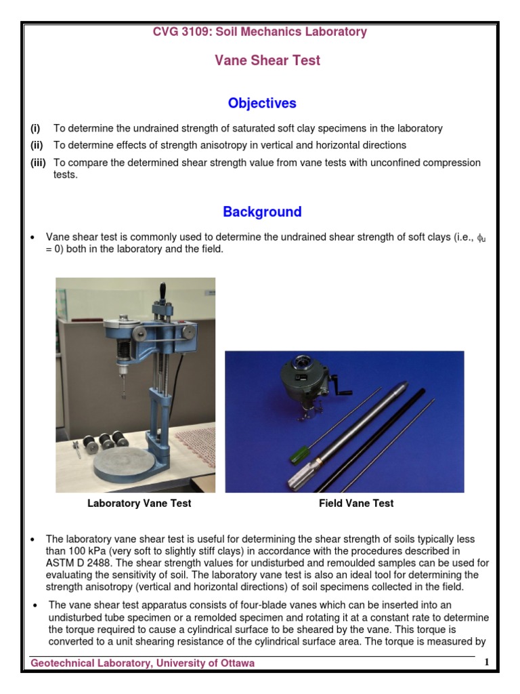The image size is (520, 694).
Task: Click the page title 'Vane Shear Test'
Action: [267, 61]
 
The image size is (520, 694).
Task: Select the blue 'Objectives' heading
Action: [262, 104]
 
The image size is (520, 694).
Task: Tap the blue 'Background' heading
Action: [262, 212]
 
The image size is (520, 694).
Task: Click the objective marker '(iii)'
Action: [38, 163]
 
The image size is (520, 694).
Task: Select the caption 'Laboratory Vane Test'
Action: [139, 504]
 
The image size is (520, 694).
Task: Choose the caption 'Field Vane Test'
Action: [356, 504]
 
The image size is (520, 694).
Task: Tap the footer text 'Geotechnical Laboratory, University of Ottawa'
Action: [143, 664]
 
